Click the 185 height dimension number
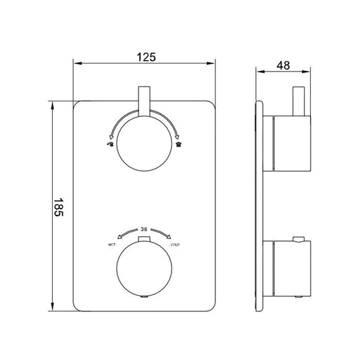tap(59, 205)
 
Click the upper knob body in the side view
tap(290, 143)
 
